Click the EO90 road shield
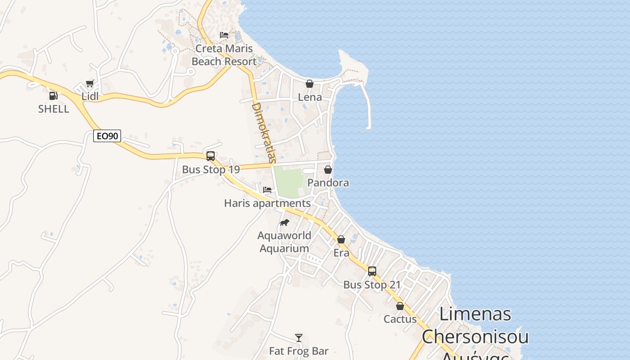[107, 136]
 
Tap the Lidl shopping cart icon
[90, 83]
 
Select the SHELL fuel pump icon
[53, 95]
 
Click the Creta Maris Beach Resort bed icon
[224, 35]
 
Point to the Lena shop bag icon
[310, 84]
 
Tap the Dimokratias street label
[263, 133]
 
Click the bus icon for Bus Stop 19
[210, 156]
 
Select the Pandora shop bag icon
[328, 170]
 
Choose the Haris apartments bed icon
[267, 190]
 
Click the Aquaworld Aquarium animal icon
[284, 222]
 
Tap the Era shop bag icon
[341, 239]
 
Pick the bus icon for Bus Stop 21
[372, 271]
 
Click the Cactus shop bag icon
[400, 306]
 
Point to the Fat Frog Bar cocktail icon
[298, 337]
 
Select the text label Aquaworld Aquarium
[284, 242]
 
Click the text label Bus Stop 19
[211, 170]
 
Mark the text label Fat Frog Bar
[298, 351]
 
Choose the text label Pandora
[328, 183]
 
